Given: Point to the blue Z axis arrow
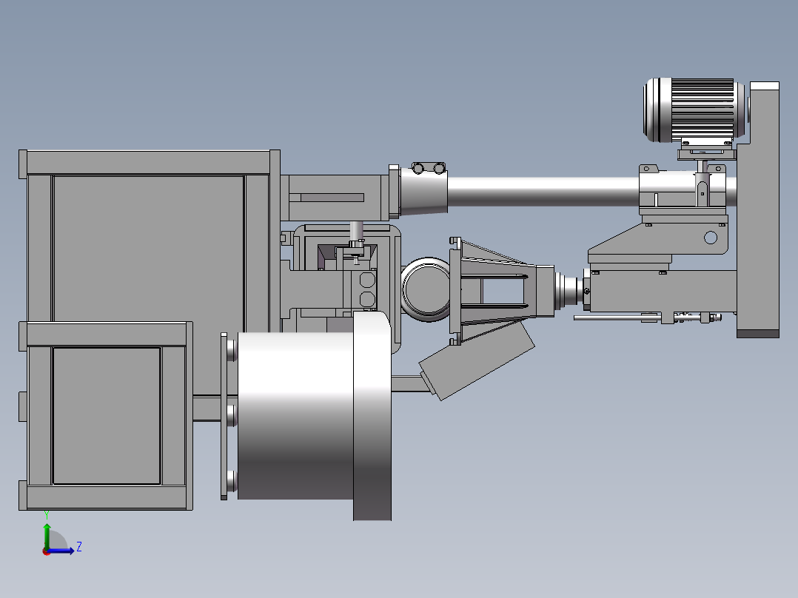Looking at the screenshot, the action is (x=60, y=550).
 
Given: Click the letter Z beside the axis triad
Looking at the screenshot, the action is (x=79, y=547).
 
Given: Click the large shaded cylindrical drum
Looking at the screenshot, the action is (x=295, y=415).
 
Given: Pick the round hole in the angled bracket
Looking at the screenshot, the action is (x=711, y=237).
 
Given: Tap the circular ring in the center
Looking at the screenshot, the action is (x=426, y=289).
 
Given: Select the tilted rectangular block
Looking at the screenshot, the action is (x=477, y=359).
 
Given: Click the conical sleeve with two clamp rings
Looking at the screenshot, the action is (x=423, y=189).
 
